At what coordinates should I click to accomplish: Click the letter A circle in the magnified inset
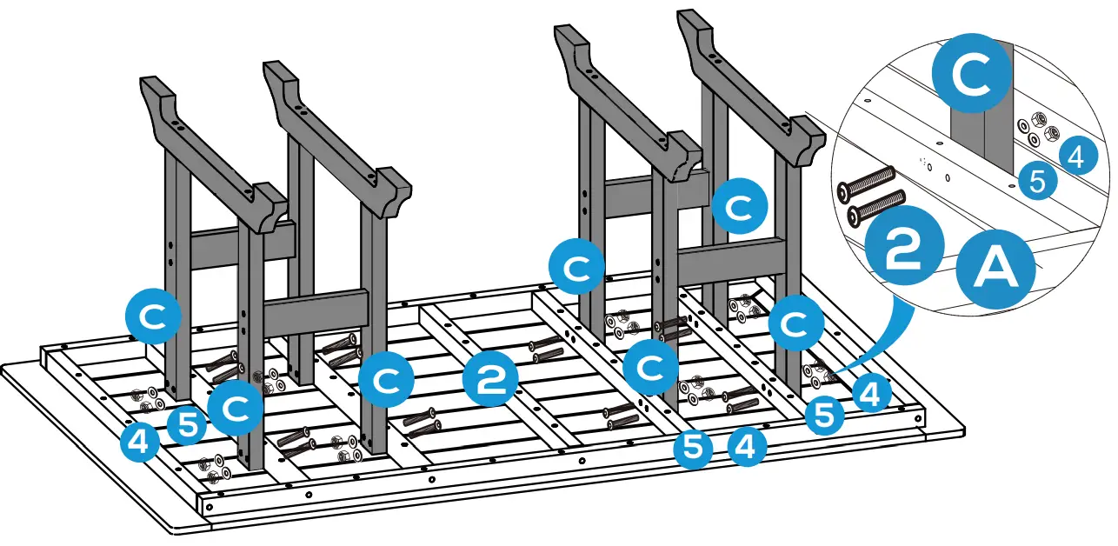(x=995, y=270)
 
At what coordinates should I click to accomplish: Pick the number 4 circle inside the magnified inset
(x=1075, y=156)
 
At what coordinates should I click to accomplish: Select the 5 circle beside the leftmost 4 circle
(x=189, y=425)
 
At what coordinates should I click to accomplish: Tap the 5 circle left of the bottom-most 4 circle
(x=693, y=449)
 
